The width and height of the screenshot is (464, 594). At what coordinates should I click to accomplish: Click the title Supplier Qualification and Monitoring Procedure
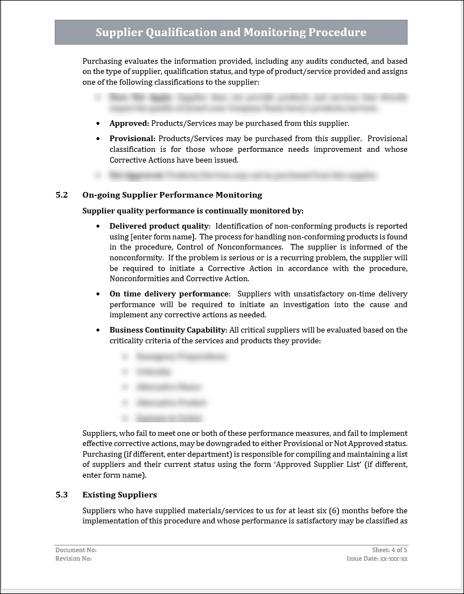[x=231, y=33]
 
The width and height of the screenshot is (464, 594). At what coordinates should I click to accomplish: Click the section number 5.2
[x=62, y=195]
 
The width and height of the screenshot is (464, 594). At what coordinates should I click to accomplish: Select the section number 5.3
[x=62, y=495]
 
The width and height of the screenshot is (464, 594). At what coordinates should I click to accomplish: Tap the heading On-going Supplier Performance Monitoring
[x=172, y=195]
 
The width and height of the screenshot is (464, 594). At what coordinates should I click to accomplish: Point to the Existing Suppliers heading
[x=120, y=495]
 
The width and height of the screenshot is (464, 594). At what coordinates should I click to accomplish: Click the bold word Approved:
[x=129, y=123]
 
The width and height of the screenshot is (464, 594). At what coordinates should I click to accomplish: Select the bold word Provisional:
[x=132, y=138]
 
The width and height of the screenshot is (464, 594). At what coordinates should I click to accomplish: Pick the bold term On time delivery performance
[x=169, y=294]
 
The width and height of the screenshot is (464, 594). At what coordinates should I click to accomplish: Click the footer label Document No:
[x=76, y=550]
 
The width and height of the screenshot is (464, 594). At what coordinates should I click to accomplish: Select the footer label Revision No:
[x=73, y=558]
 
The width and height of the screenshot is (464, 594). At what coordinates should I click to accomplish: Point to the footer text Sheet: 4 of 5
[x=389, y=550]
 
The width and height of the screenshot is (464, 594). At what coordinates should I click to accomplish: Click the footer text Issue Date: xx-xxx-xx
[x=377, y=558]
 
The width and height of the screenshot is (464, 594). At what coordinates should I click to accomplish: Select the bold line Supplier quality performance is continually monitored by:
[x=193, y=211]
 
